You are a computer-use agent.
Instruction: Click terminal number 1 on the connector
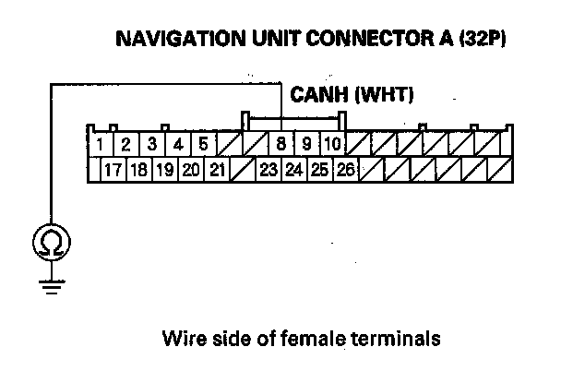click(x=100, y=145)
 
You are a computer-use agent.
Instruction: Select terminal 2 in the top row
click(x=125, y=145)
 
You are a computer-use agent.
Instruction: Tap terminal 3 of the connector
click(x=151, y=145)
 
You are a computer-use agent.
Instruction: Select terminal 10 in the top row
click(x=333, y=145)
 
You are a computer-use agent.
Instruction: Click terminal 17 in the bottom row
click(x=113, y=170)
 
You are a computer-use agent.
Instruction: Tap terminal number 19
click(x=165, y=170)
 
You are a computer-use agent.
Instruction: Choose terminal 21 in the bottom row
click(x=217, y=170)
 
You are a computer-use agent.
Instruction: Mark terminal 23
click(x=269, y=170)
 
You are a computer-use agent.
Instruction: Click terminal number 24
click(x=294, y=170)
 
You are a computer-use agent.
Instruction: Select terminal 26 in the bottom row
click(x=346, y=170)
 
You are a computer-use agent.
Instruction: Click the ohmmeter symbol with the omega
click(x=50, y=243)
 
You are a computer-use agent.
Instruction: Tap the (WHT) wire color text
click(x=386, y=94)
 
